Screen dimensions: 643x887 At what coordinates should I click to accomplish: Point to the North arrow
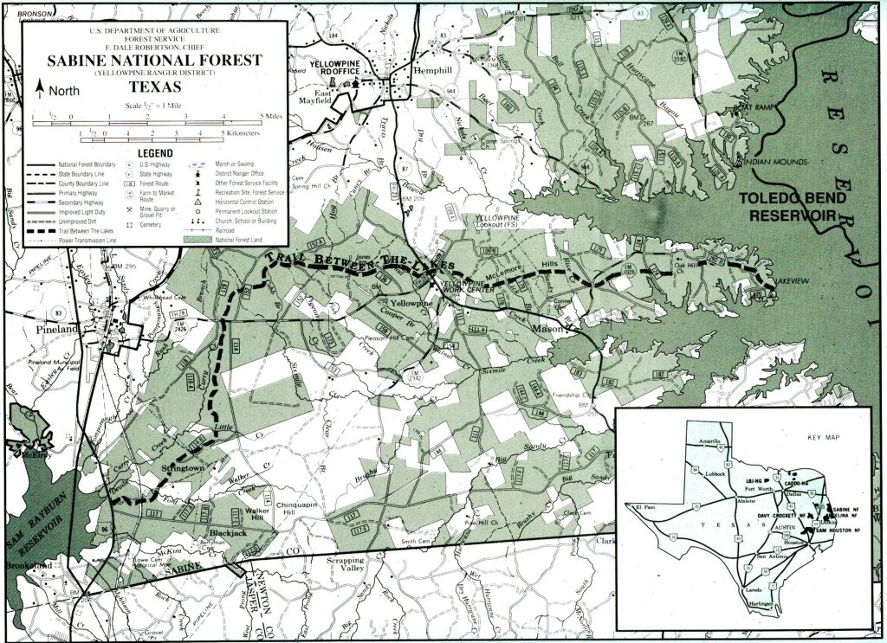point(39,89)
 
